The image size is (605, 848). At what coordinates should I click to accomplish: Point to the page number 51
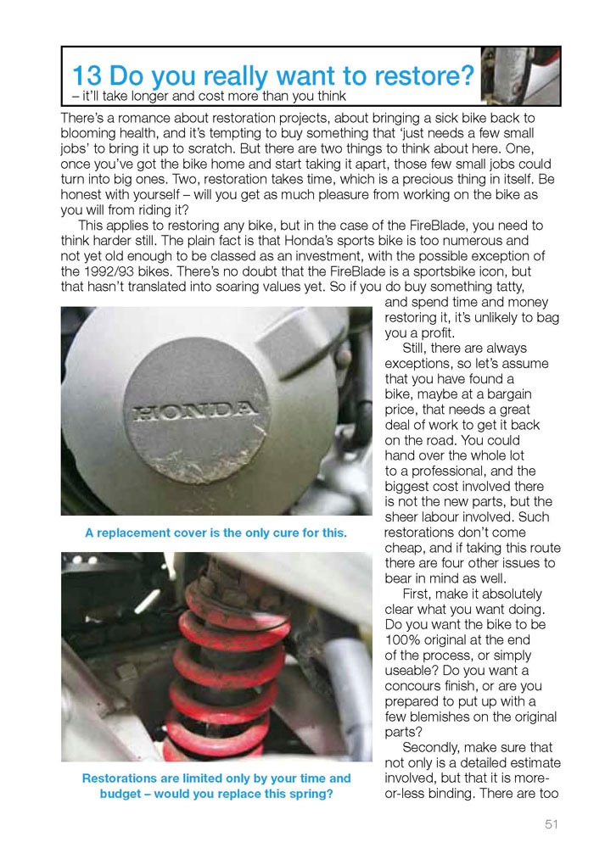tap(552, 823)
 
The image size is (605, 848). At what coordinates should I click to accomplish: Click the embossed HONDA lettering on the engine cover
tap(195, 412)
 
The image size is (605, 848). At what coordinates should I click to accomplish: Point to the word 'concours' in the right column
tap(416, 686)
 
